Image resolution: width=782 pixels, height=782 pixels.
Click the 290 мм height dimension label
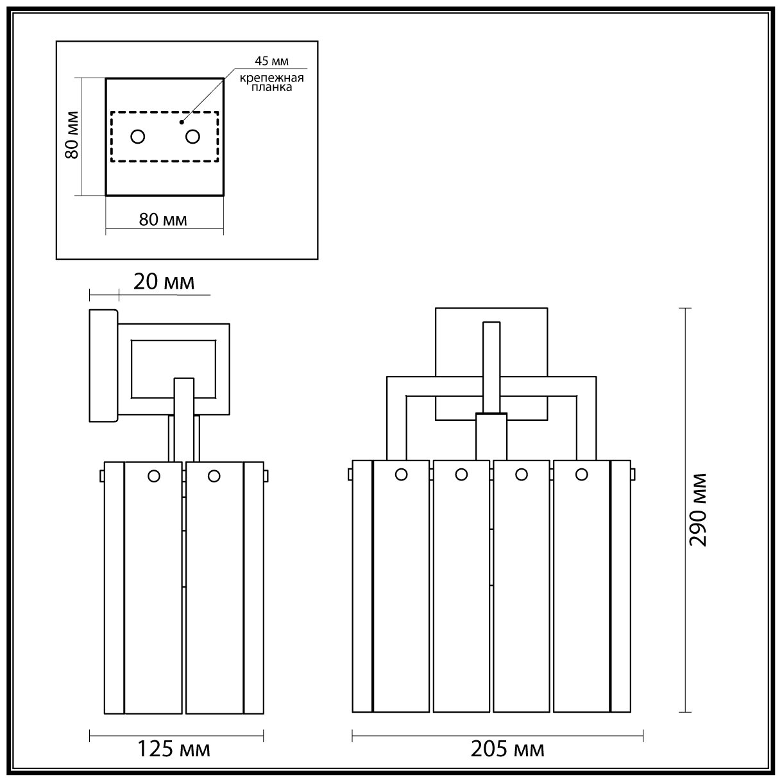tap(697, 510)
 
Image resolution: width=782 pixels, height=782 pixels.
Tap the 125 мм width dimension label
tap(174, 748)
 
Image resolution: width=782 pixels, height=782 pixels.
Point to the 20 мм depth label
tap(164, 282)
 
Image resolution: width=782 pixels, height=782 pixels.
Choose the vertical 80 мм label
tap(72, 135)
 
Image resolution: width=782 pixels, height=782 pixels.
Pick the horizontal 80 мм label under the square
tap(163, 219)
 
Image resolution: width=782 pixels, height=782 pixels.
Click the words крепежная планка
tap(271, 83)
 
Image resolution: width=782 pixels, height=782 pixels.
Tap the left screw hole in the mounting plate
tap(138, 137)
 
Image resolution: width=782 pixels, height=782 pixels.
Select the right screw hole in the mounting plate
tap(192, 137)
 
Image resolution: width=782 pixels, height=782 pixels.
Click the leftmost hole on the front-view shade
tap(402, 475)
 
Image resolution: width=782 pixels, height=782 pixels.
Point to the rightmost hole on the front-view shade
tap(582, 475)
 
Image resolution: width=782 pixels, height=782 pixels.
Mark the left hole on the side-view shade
tap(154, 476)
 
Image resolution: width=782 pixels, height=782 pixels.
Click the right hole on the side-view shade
tap(214, 476)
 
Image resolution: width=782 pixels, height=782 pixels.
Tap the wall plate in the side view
tap(103, 366)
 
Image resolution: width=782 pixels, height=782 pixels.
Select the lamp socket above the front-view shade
tap(491, 436)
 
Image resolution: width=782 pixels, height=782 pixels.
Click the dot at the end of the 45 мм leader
tap(182, 122)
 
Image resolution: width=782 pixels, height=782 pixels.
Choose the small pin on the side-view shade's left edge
tap(101, 476)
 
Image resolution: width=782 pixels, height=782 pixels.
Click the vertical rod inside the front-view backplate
tap(491, 366)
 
